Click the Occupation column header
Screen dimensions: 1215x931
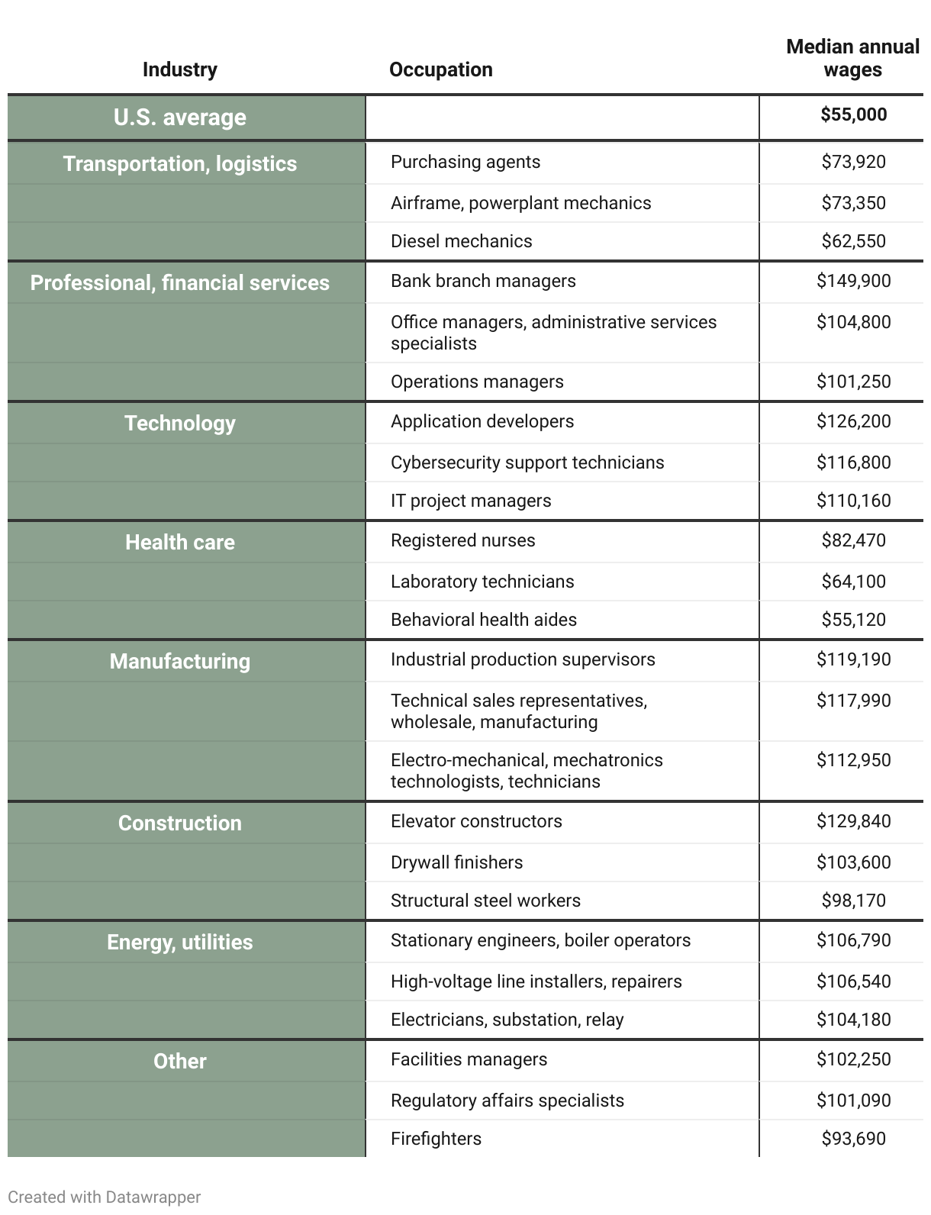(x=440, y=69)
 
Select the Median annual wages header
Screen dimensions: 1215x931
(x=852, y=58)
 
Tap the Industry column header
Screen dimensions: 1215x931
(x=179, y=69)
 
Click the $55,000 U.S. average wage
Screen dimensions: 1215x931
(x=853, y=115)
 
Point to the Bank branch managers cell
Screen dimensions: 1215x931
(x=483, y=281)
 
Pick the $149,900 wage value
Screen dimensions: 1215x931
(x=853, y=281)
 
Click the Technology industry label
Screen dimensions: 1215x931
(x=180, y=424)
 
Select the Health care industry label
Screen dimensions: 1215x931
(x=180, y=543)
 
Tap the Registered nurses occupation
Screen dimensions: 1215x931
(x=462, y=540)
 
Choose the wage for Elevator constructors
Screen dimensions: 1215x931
(x=853, y=821)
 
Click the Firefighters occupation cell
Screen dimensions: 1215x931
(x=436, y=1139)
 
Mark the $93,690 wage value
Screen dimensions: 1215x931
(x=853, y=1139)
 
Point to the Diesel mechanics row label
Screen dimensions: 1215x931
(x=461, y=241)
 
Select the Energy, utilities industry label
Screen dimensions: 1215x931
(x=180, y=943)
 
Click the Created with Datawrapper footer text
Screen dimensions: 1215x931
(x=104, y=1197)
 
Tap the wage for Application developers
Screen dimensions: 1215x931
(x=853, y=421)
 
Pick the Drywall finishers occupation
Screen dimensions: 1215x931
(x=456, y=862)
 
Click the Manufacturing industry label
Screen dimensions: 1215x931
(x=180, y=662)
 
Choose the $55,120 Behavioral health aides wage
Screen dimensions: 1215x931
(x=853, y=620)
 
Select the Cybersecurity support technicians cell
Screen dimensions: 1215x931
(x=527, y=462)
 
